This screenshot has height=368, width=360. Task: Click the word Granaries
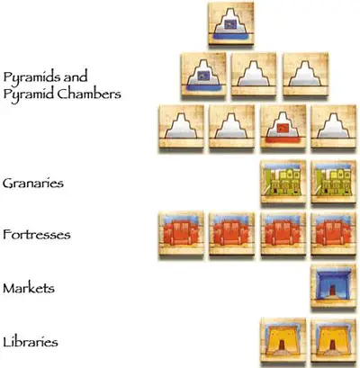[33, 184]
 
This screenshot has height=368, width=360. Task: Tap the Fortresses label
[37, 234]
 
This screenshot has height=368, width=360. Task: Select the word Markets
[29, 288]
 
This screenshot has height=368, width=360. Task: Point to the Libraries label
[31, 342]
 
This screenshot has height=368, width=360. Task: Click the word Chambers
[89, 94]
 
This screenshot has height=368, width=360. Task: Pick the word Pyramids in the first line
[29, 77]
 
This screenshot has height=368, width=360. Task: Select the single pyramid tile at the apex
[231, 24]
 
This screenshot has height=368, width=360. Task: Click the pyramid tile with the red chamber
[283, 127]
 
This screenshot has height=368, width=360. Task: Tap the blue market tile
[334, 286]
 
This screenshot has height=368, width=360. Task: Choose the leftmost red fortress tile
[181, 234]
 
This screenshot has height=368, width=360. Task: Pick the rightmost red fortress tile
[334, 234]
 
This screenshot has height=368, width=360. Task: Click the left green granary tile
[283, 182]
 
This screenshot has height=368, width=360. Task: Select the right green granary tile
[334, 182]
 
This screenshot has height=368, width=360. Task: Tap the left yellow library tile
[283, 340]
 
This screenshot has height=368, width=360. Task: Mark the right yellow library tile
[334, 340]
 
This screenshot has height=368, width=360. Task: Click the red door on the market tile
[334, 291]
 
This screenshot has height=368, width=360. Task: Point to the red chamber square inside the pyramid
[283, 128]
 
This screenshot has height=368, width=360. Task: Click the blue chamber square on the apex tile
[231, 24]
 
